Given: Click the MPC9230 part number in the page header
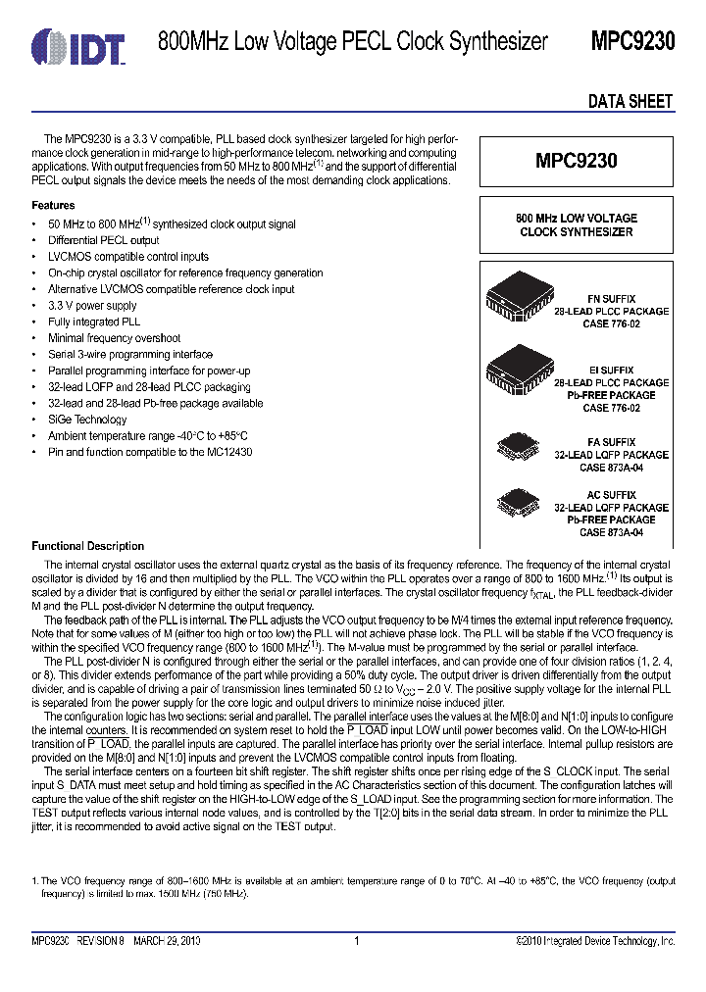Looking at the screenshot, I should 631,41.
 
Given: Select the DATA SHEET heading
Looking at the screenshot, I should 630,101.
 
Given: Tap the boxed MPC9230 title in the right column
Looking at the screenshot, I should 576,162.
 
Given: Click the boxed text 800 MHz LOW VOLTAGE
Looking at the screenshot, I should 576,218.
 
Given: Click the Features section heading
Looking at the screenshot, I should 53,206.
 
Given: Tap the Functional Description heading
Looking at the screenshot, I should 87,546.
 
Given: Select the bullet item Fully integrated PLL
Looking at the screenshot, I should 94,322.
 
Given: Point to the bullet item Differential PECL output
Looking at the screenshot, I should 103,240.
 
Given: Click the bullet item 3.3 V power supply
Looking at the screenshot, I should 92,306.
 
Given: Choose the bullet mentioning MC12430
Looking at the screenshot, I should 149,452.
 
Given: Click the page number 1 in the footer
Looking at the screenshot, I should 356,941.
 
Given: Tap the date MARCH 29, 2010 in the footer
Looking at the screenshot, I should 174,941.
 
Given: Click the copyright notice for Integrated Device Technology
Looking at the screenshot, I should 595,941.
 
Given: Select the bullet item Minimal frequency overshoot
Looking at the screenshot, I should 114,338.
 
